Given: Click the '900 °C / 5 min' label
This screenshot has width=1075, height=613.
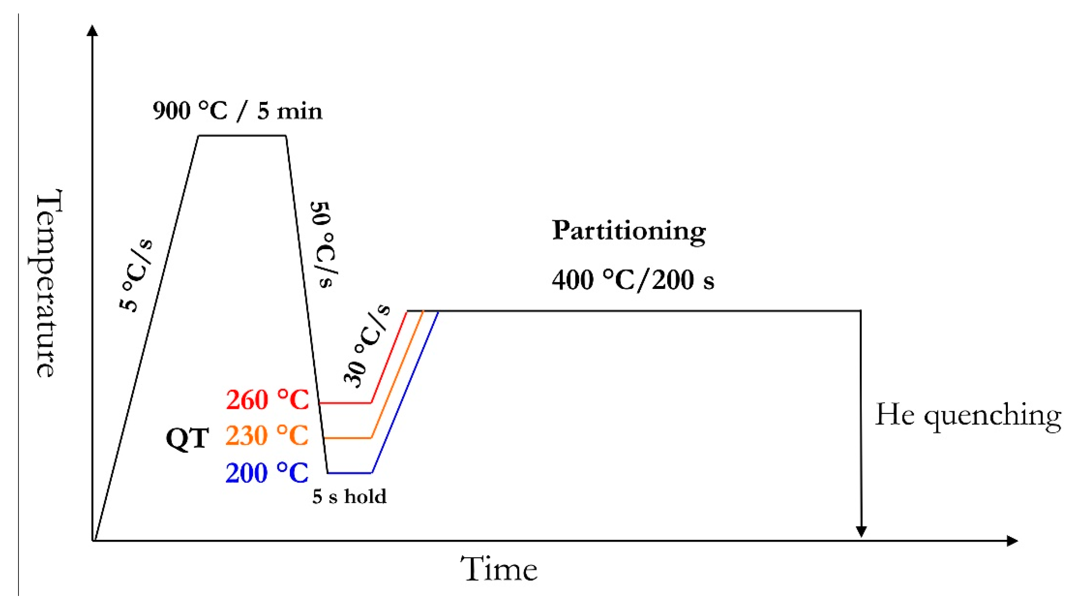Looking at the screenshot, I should [x=237, y=111].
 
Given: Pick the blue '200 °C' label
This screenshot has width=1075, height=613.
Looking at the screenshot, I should [x=267, y=472].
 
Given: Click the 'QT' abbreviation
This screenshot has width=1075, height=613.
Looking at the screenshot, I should [x=187, y=439].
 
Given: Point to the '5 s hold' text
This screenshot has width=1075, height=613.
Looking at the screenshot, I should [x=349, y=496].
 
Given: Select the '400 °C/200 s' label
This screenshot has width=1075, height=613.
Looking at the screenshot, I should [x=633, y=280].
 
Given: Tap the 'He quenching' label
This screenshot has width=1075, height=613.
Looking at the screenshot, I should [x=968, y=415].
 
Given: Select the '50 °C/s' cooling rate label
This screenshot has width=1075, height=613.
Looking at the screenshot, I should [x=324, y=244].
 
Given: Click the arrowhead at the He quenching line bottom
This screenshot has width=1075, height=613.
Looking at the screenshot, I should [x=861, y=531].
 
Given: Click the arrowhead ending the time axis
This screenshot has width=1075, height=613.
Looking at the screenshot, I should [x=1012, y=541].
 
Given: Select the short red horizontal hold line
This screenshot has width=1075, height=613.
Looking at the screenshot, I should [x=345, y=403].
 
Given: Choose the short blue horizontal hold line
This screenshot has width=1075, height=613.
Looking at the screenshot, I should [x=349, y=473].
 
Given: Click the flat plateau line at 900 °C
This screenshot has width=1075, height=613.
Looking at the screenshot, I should [x=242, y=135].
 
